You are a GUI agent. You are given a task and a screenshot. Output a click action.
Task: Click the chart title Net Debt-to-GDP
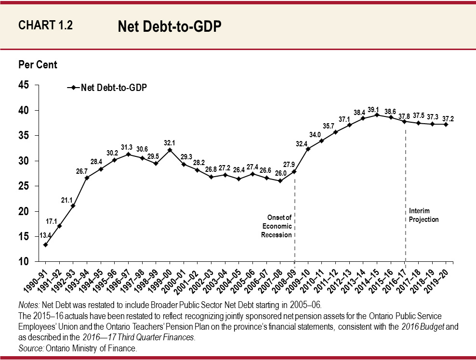coord(170,27)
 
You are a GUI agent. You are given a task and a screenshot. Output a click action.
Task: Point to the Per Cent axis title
coord(38,64)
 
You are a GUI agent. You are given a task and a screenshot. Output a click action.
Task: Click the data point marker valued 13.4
coord(45,244)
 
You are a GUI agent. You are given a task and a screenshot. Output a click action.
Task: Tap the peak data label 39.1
coord(377,109)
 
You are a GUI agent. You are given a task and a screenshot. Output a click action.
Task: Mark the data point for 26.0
coord(280,181)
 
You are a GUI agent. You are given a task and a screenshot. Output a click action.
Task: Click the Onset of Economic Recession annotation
coord(277,226)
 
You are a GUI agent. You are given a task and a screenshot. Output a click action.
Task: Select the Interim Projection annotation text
coord(423,215)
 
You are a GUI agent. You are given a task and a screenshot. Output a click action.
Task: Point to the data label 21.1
coord(66,199)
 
